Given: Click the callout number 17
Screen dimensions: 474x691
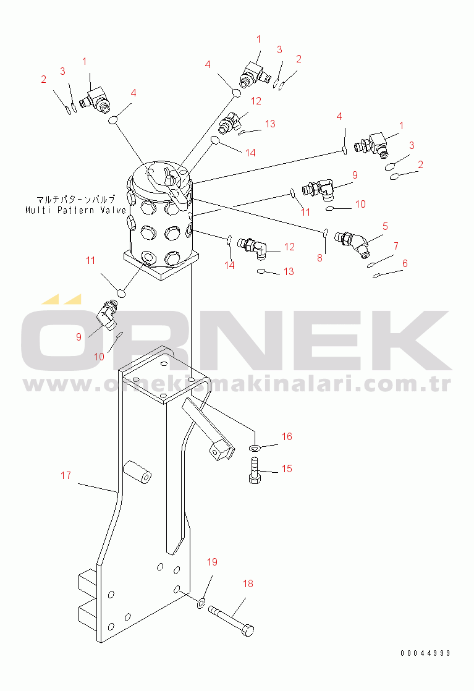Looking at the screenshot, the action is [66, 475].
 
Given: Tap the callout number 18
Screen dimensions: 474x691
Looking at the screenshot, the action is [248, 584].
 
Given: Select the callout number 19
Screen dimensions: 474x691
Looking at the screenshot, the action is [213, 562].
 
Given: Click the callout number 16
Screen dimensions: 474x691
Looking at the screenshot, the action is [287, 437].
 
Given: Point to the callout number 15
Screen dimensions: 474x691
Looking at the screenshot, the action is [287, 469].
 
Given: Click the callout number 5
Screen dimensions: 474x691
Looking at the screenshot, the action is [385, 226].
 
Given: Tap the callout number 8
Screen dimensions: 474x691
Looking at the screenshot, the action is [320, 258].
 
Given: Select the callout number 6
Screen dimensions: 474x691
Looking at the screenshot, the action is [405, 263].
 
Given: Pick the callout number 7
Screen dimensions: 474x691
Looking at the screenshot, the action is [396, 246].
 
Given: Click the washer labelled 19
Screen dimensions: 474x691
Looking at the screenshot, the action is [201, 603].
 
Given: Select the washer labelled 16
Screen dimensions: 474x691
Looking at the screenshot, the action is [255, 448].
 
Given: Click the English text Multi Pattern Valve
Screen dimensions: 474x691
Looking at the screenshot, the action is [76, 210].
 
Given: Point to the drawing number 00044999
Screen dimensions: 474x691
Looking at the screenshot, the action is [425, 653].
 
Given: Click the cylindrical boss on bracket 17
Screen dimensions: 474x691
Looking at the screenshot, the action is [137, 471].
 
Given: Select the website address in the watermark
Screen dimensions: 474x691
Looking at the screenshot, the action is [237, 384].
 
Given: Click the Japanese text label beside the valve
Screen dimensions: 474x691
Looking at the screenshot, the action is [76, 199].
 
